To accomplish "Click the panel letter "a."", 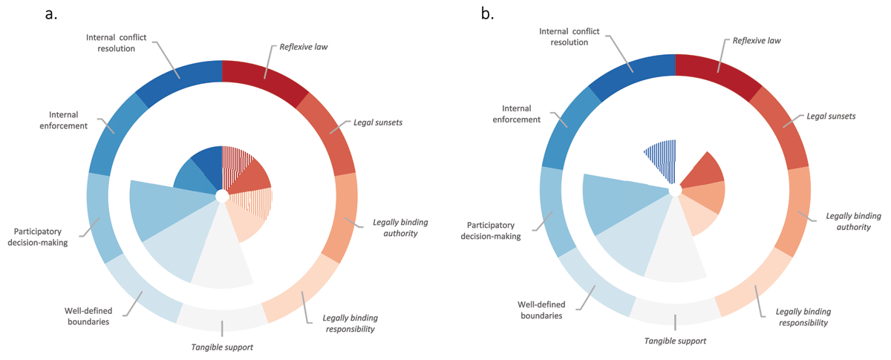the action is click(51, 14).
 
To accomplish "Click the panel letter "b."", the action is click(487, 14).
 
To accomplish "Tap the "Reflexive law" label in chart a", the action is click(304, 47).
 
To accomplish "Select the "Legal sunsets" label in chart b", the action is click(831, 116).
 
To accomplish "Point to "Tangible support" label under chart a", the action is click(222, 347).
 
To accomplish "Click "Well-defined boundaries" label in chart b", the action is click(541, 310).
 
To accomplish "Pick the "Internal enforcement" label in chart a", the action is click(63, 120).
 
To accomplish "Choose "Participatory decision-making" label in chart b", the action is click(491, 231).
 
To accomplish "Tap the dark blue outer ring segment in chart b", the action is click(633, 71).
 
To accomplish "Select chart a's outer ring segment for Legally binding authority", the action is click(342, 217).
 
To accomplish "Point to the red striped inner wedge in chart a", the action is click(235, 164).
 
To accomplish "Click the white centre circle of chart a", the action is click(222, 196).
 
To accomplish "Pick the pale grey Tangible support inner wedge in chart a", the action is click(222, 255).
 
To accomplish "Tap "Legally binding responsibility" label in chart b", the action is click(803, 317).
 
